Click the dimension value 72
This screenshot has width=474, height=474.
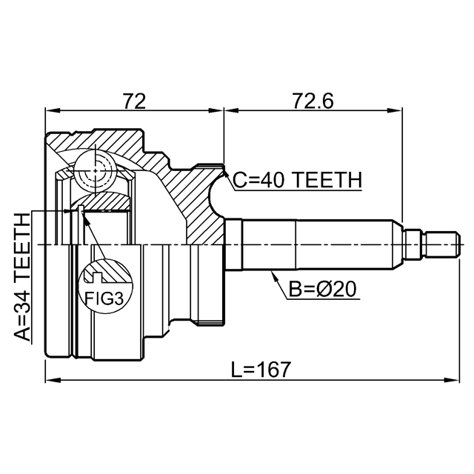coord(133,100)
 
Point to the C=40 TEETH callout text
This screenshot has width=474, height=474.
coord(296,180)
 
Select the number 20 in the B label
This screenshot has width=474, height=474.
coord(344,290)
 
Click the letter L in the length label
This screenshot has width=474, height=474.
coord(235,369)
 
